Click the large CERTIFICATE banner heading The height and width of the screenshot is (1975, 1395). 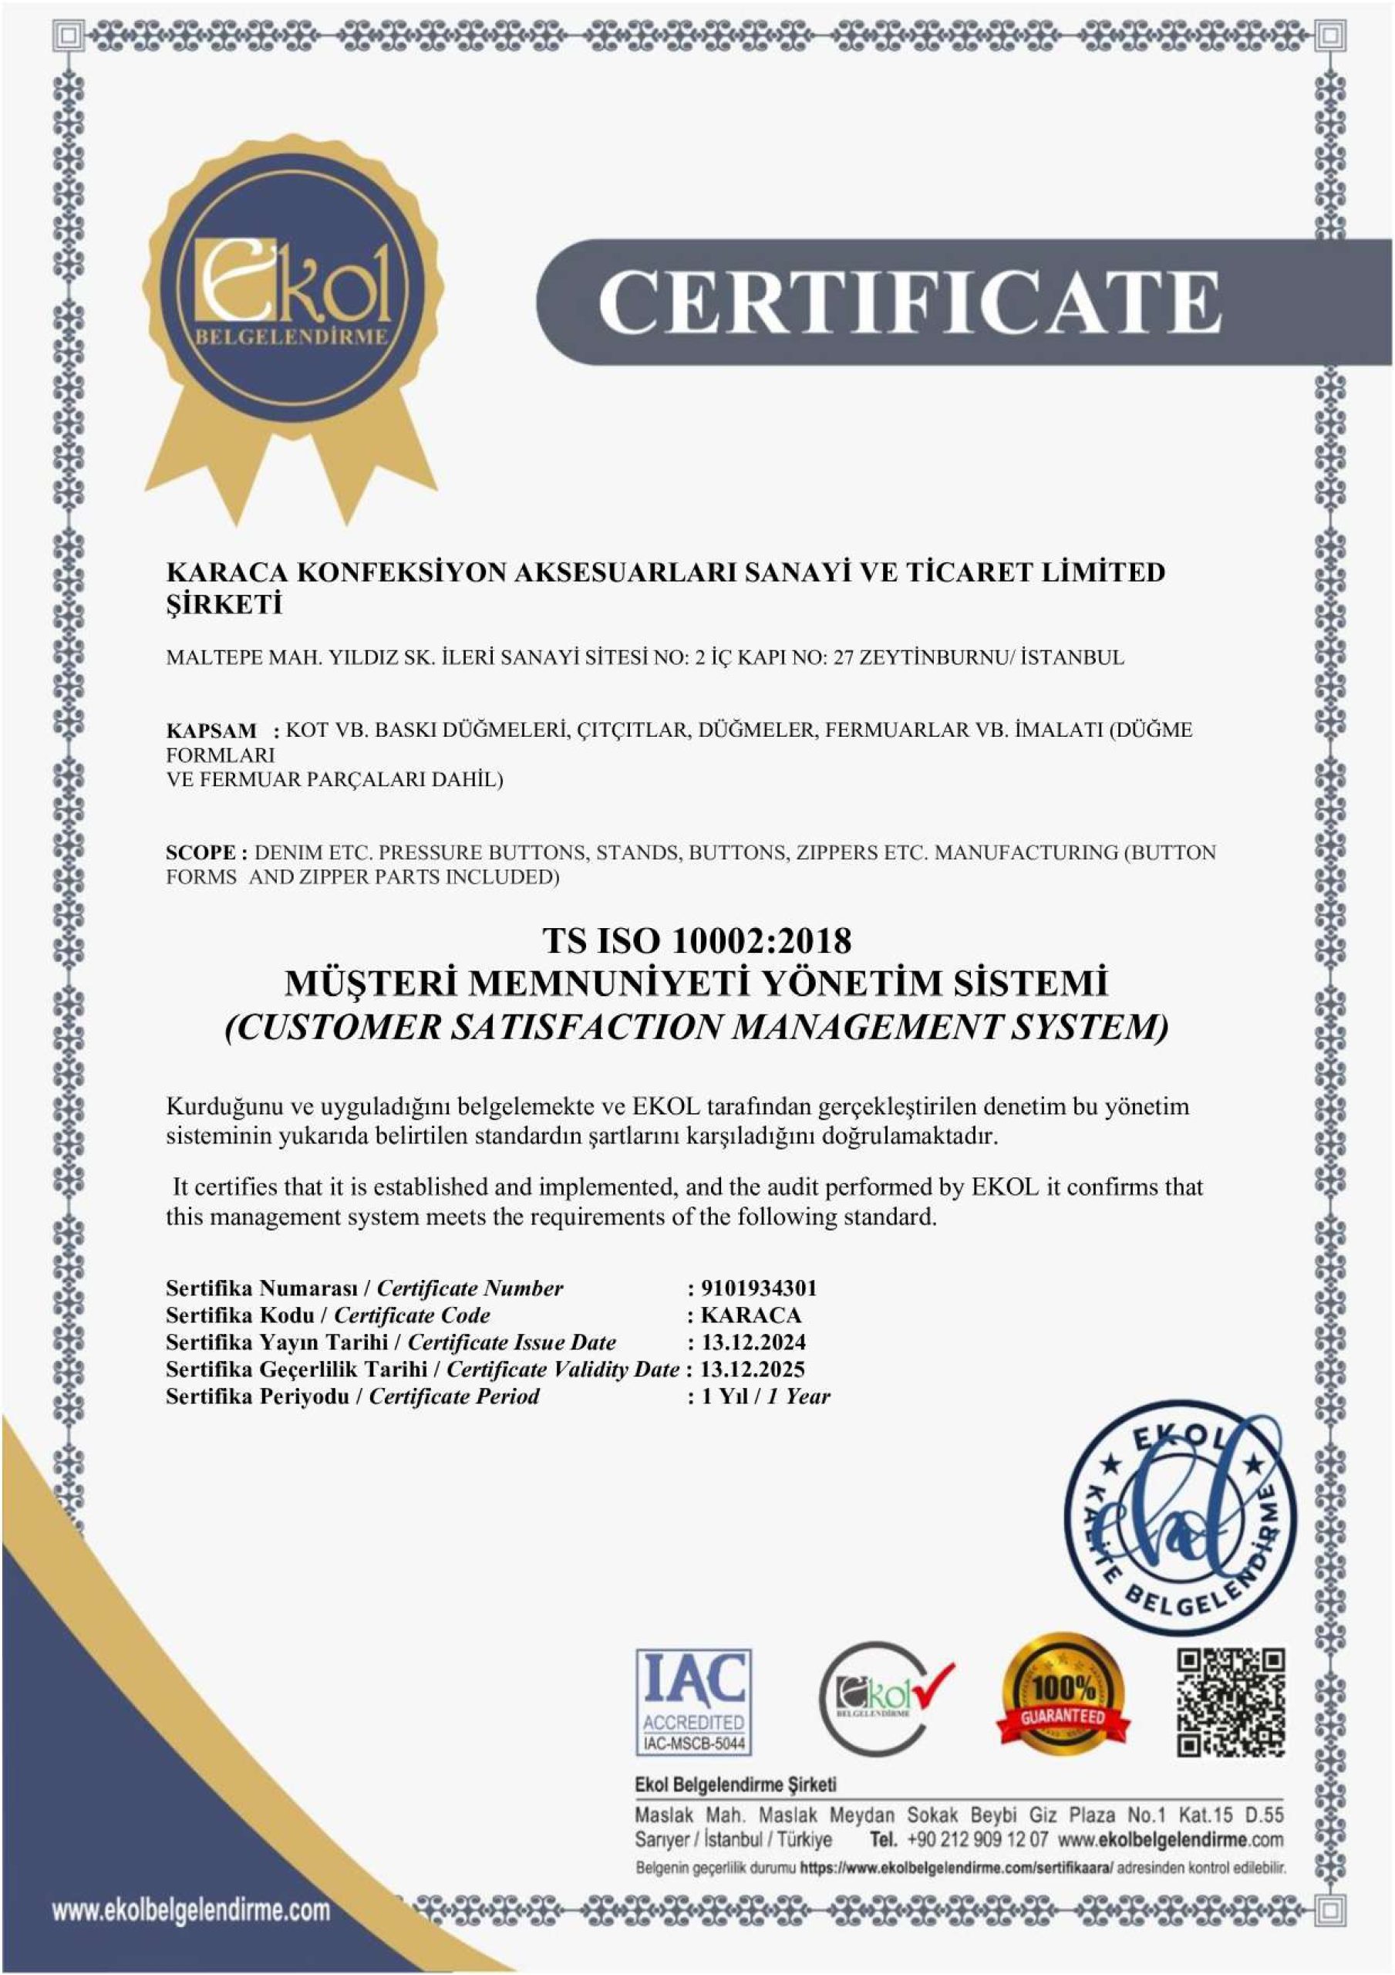[909, 301]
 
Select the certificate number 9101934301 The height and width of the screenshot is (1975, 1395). [759, 1288]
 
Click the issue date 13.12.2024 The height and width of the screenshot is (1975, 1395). [753, 1342]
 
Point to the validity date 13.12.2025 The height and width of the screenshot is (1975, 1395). [753, 1369]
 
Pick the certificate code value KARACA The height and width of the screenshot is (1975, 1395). [751, 1315]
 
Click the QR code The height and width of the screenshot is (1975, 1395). [1231, 1703]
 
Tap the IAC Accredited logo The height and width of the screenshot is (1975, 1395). [693, 1703]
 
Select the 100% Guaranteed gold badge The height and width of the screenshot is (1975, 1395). [1063, 1696]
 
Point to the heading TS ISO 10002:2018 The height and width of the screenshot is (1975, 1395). [696, 940]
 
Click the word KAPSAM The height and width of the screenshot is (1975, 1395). [211, 731]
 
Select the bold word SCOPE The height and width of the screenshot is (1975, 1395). [201, 852]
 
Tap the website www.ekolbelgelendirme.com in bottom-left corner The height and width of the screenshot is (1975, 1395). [191, 1910]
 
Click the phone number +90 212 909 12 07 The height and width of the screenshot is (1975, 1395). [977, 1839]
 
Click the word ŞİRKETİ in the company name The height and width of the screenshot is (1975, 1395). [224, 606]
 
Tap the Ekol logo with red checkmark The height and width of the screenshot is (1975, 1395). [886, 1699]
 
